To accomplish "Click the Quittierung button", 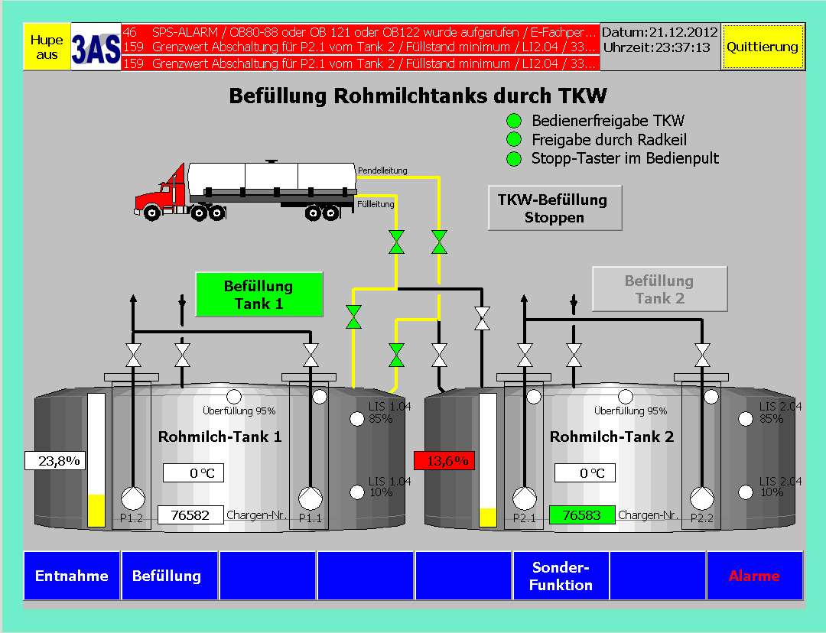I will click(762, 47).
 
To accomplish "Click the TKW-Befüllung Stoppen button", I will click(554, 208).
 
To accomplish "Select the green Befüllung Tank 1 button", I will click(259, 294).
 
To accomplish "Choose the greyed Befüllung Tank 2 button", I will click(659, 289).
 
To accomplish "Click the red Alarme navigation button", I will click(754, 576).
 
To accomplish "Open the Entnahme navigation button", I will click(72, 576).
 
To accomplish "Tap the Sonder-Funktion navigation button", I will click(561, 576).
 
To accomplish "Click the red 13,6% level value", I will click(445, 461).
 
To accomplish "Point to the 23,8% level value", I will click(54, 461).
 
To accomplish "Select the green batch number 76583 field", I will click(582, 515).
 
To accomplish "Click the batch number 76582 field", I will click(191, 515).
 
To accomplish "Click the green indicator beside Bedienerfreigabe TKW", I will click(515, 121).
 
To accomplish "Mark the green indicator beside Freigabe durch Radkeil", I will click(515, 140).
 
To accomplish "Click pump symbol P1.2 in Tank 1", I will click(133, 498).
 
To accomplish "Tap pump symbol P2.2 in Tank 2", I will click(701, 498).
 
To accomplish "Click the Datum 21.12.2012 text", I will click(659, 33).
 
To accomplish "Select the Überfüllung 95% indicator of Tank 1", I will click(234, 396).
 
